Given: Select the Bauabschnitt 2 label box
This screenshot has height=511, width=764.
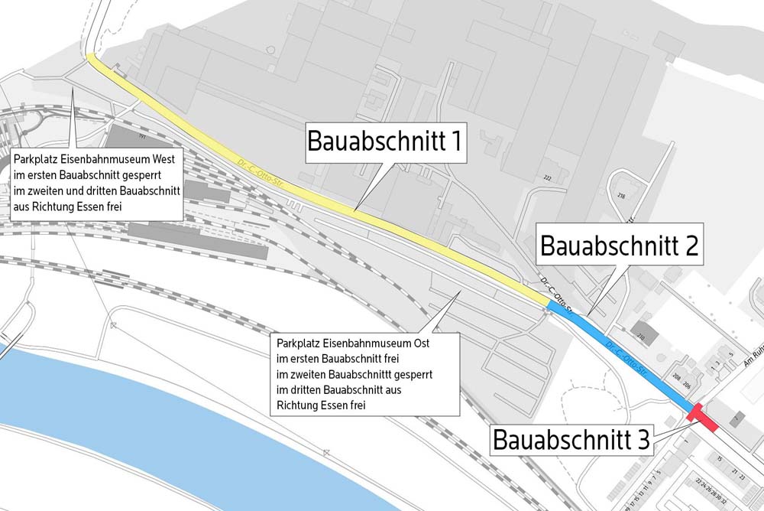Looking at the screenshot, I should pyautogui.click(x=619, y=245).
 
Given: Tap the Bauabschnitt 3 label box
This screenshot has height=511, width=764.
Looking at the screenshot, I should pyautogui.click(x=571, y=440).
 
